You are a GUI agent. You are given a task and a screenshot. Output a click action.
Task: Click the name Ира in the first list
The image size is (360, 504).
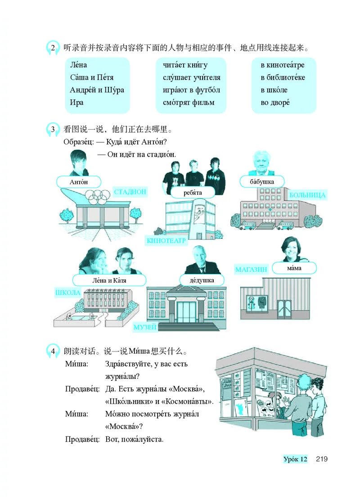tap(77, 102)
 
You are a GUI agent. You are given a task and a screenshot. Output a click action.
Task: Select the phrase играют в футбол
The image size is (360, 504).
tap(191, 90)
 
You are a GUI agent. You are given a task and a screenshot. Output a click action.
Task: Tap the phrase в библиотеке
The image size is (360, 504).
tap(283, 77)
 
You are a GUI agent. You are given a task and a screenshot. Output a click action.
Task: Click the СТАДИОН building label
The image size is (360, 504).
tap(130, 192)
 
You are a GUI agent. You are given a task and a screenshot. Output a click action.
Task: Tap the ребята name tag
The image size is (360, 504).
tap(193, 193)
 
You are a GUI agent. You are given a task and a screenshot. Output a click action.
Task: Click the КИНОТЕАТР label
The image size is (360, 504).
tap(166, 241)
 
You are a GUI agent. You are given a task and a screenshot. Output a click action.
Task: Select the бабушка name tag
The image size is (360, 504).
tap(262, 181)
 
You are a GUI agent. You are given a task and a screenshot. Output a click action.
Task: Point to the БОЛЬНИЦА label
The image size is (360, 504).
tap(307, 195)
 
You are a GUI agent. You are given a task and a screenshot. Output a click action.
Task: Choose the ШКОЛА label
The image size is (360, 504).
tap(67, 292)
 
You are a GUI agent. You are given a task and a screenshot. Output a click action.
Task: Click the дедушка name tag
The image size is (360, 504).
tap(202, 280)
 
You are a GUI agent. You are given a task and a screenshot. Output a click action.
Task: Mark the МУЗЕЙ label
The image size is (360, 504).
tap(145, 327)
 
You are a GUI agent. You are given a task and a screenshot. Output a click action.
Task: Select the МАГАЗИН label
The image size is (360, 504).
tap(251, 270)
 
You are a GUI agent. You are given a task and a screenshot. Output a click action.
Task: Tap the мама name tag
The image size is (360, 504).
tap(294, 268)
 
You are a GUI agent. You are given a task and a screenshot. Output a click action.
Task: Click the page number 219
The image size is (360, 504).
tap(321, 459)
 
